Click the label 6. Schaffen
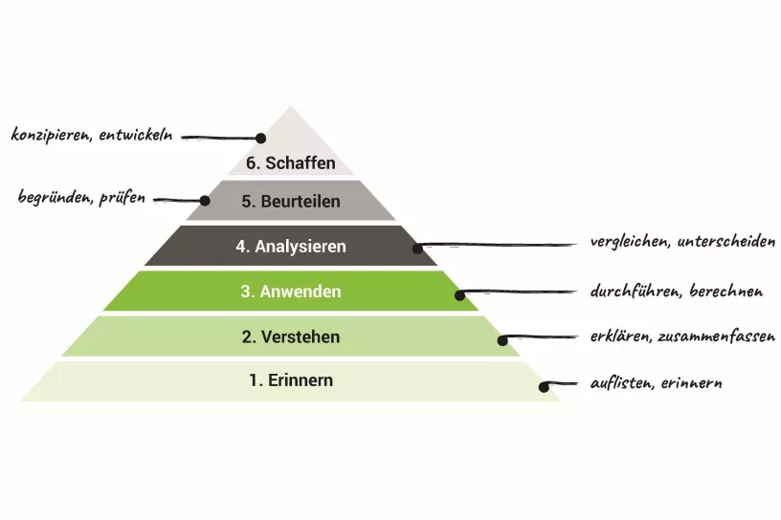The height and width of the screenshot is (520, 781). point(291,162)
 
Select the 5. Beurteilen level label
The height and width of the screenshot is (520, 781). point(290,203)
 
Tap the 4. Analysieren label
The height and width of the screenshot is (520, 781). point(291,247)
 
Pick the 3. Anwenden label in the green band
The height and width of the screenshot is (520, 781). point(290,292)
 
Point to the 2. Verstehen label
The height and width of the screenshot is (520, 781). point(290,337)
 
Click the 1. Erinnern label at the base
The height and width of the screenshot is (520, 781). point(291,380)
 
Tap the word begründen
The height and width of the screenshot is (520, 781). point(54,198)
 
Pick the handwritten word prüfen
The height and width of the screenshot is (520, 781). point(122,198)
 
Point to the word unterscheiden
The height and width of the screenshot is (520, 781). point(726,242)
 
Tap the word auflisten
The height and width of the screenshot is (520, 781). point(622,383)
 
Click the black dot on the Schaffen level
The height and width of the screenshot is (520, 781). point(259,138)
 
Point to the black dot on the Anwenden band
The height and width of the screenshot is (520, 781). point(459,295)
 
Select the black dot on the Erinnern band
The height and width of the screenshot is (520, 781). point(544,387)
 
